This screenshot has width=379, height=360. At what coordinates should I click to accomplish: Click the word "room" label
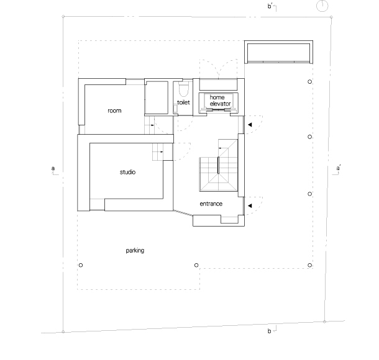114,111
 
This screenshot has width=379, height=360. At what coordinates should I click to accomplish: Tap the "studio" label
127,172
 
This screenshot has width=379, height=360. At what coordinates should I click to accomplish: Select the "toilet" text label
183,102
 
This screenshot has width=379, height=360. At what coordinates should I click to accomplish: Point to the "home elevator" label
220,101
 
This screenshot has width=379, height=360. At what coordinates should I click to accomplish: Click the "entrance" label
211,204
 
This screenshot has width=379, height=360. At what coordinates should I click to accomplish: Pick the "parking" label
135,251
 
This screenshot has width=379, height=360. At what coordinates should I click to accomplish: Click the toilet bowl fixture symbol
183,89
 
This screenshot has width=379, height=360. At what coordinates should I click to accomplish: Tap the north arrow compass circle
322,6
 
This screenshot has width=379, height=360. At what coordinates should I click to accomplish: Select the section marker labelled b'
272,7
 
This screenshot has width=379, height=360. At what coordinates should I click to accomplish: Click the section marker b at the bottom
272,330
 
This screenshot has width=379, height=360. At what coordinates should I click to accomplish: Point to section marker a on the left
55,170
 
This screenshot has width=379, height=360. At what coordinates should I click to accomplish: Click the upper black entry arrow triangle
250,125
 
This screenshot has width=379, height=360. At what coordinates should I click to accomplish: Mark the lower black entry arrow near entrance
250,205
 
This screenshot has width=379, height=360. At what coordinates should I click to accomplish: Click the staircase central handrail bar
218,165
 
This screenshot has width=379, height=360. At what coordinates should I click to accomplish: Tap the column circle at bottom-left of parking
81,265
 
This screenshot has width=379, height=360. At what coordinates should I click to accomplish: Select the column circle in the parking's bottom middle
196,265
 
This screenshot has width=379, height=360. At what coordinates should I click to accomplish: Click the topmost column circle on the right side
309,81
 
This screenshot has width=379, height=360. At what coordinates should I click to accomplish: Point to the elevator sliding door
218,110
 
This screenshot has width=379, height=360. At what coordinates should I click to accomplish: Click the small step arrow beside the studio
160,152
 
